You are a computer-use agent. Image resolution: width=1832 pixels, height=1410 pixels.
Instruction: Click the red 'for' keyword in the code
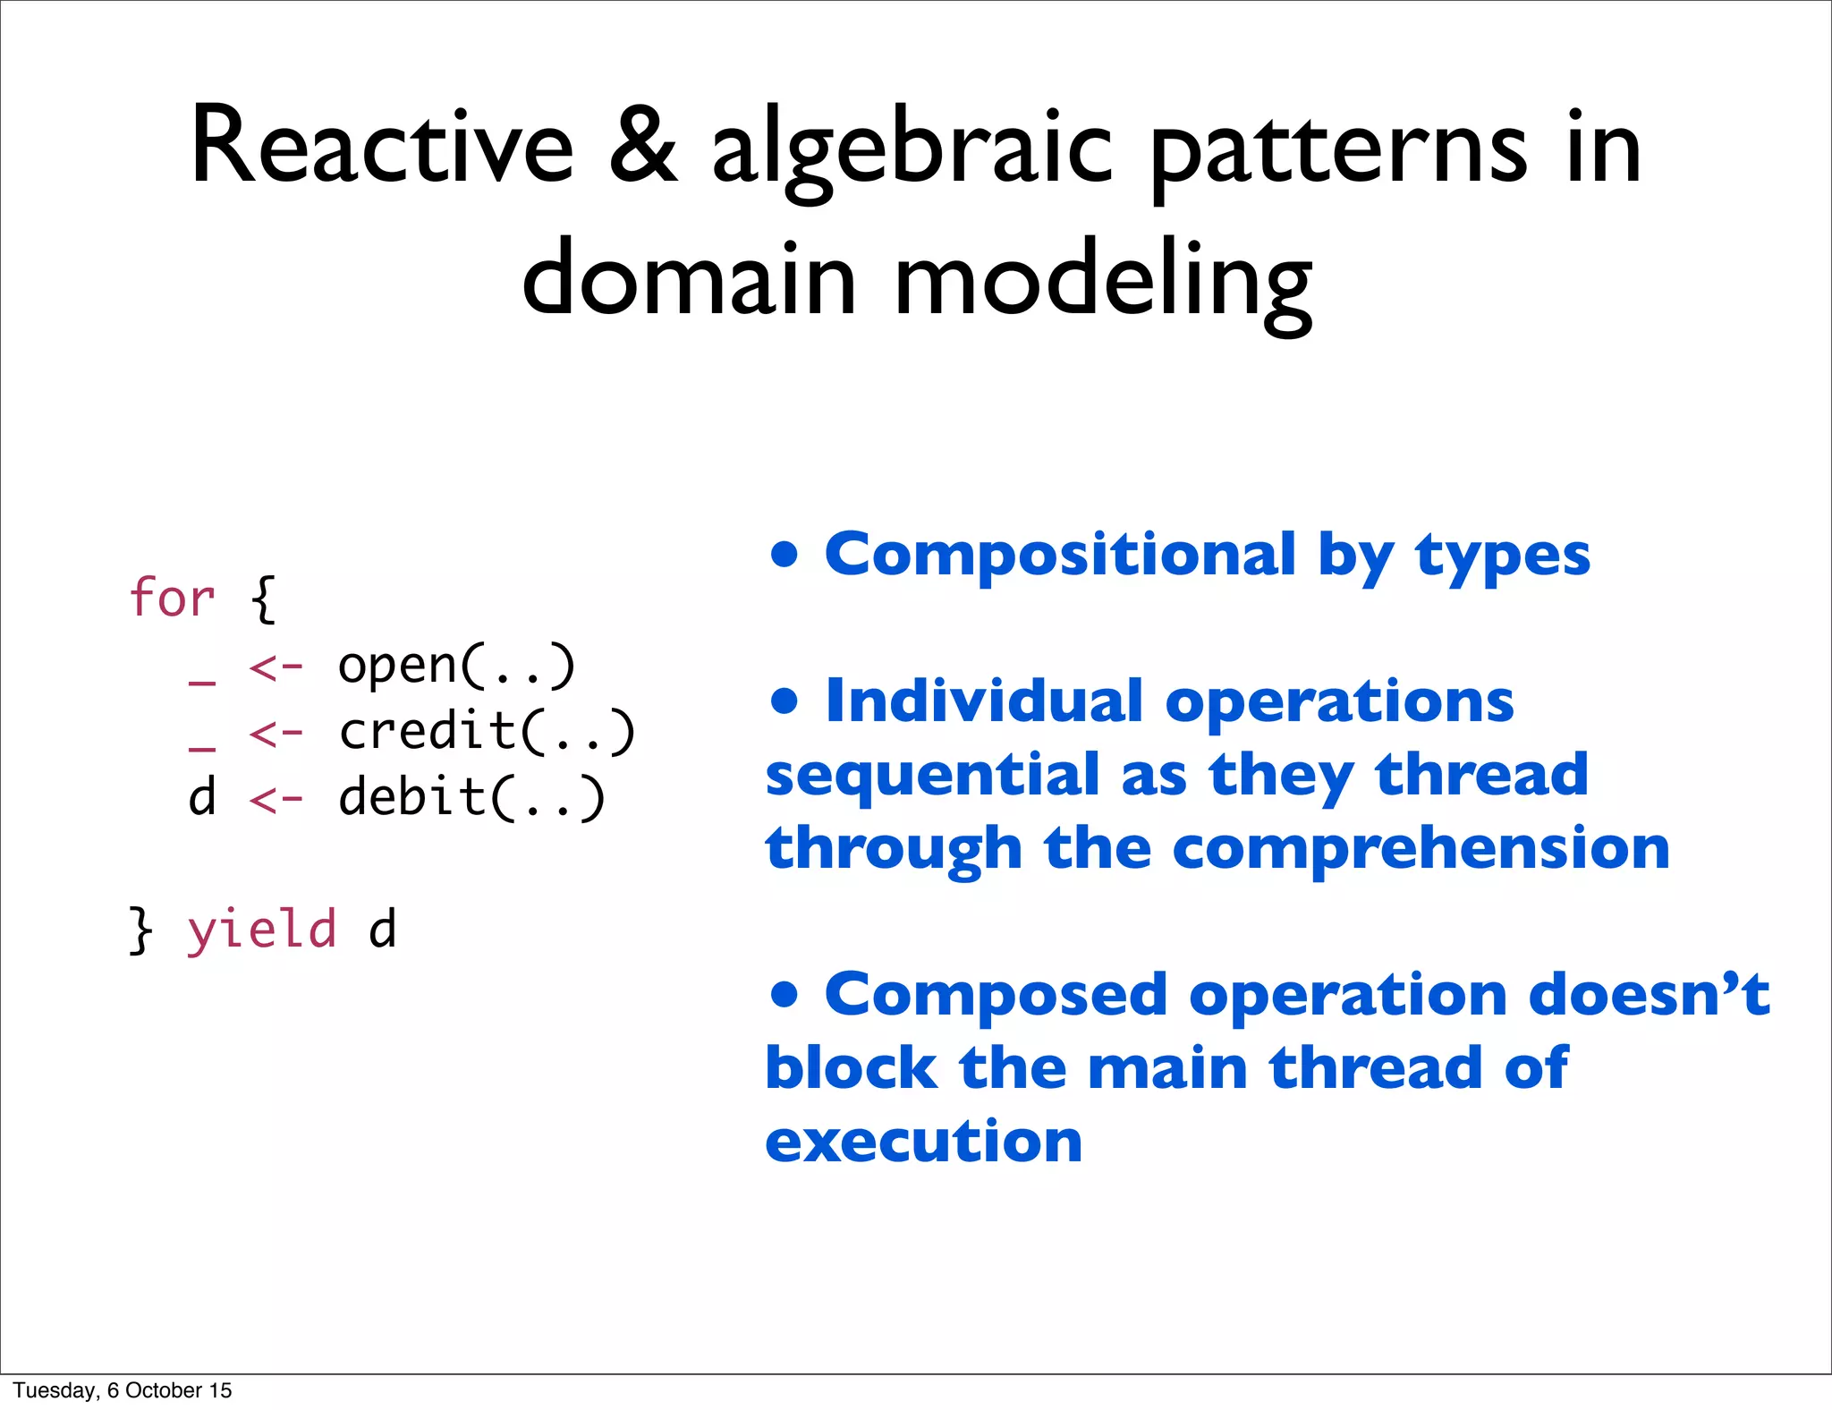(x=172, y=598)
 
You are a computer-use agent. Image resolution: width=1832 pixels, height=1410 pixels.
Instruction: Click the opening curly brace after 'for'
(x=264, y=599)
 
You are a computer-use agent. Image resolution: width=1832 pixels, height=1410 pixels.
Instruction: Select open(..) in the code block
(x=456, y=667)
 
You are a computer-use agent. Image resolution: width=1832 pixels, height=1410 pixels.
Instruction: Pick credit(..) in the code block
(x=487, y=732)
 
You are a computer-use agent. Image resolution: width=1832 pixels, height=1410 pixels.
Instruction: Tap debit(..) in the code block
(x=471, y=797)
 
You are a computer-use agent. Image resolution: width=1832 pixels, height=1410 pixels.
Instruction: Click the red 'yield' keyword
(x=261, y=930)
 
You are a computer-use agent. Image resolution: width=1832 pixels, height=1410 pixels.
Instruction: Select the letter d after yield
(x=382, y=930)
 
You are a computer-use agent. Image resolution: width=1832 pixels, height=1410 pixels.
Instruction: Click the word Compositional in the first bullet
(x=1059, y=555)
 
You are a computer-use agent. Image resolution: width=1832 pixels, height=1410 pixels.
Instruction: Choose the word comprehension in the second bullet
(x=1421, y=849)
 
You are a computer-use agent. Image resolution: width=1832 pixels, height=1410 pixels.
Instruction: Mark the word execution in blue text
(x=924, y=1142)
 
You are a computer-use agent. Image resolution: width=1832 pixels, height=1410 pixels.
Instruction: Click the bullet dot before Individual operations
(x=784, y=701)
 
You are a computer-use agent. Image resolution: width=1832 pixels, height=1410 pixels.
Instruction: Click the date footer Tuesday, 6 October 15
(x=122, y=1389)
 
